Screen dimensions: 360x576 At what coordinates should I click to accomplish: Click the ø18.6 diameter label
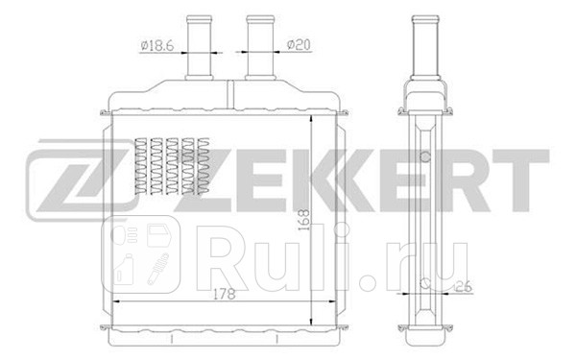[x=156, y=44]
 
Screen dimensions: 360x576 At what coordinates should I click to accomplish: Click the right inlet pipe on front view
[x=257, y=48]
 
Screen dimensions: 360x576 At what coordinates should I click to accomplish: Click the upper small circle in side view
[x=422, y=154]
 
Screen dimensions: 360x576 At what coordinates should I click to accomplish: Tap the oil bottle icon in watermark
[x=123, y=273]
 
